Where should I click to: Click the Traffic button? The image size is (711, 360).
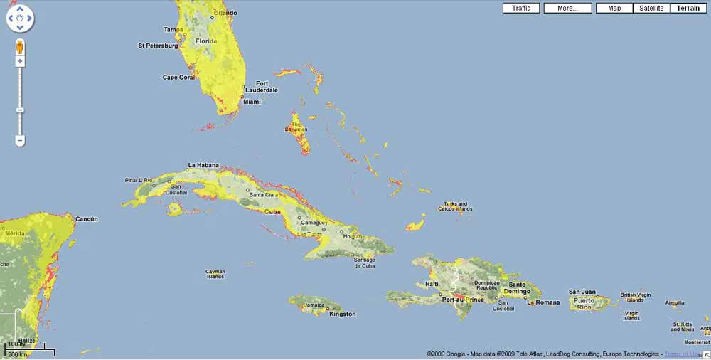[521, 8]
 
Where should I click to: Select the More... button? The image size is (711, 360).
[567, 8]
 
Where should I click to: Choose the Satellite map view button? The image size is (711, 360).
[651, 8]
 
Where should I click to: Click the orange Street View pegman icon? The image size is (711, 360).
[20, 47]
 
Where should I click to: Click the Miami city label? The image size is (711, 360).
[252, 102]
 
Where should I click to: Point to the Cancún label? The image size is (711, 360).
[86, 219]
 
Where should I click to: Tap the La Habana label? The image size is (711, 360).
[203, 165]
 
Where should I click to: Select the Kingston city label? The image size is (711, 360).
[343, 314]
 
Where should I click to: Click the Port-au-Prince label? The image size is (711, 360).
[462, 300]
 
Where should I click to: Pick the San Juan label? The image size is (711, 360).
[582, 292]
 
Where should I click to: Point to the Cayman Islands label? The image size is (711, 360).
[215, 274]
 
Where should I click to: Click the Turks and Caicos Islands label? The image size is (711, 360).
[454, 206]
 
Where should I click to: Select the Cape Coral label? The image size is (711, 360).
[178, 78]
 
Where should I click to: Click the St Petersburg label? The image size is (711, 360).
[157, 46]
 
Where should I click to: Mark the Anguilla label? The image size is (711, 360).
[675, 302]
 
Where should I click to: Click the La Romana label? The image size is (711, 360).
[545, 303]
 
